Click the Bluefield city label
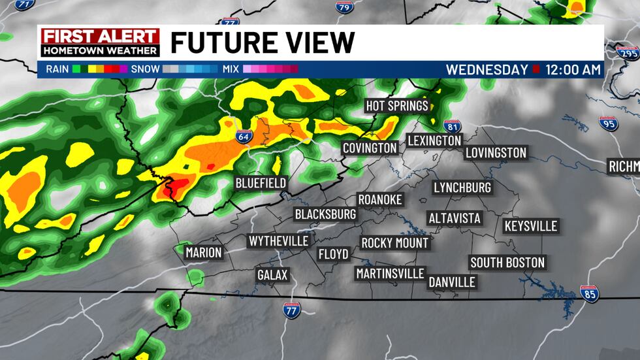click(261, 183)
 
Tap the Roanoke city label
click(380, 199)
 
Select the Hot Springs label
click(396, 106)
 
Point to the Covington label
click(370, 148)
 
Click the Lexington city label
click(434, 140)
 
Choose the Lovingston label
click(496, 153)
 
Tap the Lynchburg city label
click(462, 188)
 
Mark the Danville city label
click(452, 282)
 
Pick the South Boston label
click(507, 263)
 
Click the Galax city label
click(272, 275)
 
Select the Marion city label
click(204, 252)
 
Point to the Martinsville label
click(390, 273)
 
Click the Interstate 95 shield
click(608, 122)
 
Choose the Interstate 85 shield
click(590, 295)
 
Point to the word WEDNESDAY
click(487, 69)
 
